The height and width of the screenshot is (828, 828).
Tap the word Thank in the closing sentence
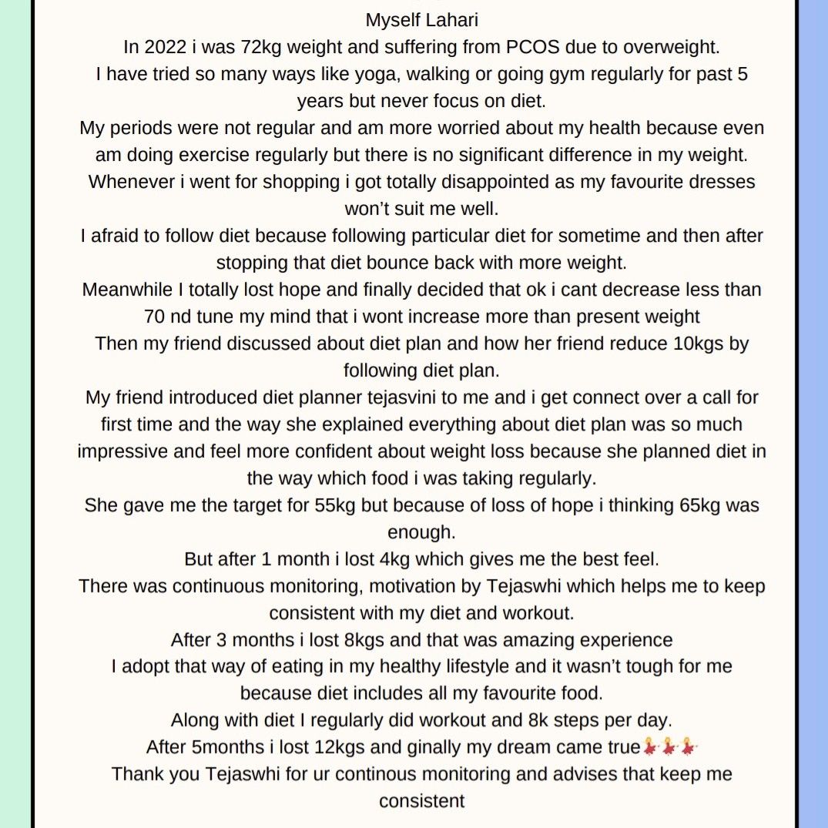(x=138, y=774)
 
